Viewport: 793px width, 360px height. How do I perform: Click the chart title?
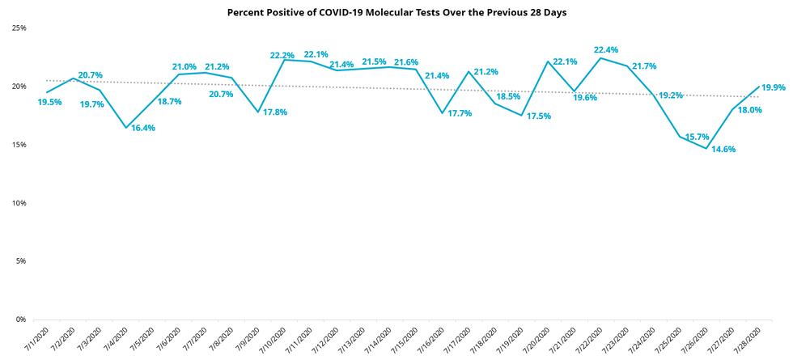[x=396, y=13]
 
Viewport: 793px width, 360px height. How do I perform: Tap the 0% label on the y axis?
[x=22, y=320]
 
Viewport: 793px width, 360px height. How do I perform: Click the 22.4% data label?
[x=607, y=50]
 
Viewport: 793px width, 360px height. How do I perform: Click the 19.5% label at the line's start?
[x=50, y=103]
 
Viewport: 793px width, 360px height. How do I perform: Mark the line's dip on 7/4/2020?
[x=125, y=128]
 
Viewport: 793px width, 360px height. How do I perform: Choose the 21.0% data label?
[x=185, y=66]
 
